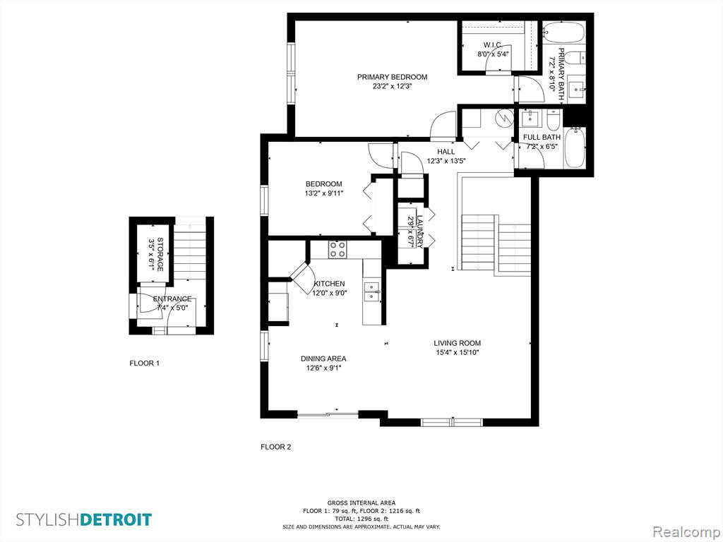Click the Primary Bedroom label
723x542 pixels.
(392, 77)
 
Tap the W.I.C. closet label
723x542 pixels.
(492, 44)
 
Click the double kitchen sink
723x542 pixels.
(371, 291)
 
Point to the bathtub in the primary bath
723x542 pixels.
(563, 32)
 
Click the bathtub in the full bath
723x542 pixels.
(575, 147)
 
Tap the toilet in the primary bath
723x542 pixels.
(575, 59)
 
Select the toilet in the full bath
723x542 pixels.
(553, 120)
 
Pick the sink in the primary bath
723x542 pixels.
(576, 90)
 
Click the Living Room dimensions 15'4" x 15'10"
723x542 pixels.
(458, 353)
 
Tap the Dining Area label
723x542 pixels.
(323, 359)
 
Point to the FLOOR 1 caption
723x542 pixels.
(144, 363)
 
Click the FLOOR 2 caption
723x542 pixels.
(276, 447)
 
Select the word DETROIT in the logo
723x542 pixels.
(116, 519)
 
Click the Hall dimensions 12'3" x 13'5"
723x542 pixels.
(447, 161)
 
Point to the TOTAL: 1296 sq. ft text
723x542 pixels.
(361, 519)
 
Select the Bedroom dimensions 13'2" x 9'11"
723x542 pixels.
(323, 193)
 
